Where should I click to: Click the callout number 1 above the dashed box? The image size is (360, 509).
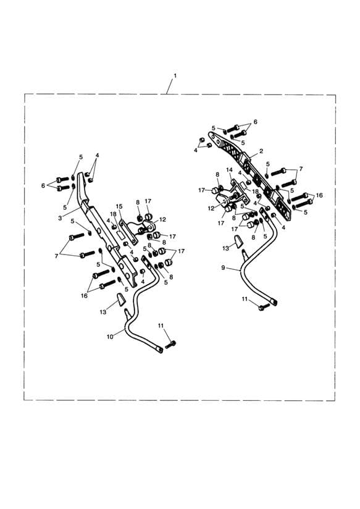point(175,75)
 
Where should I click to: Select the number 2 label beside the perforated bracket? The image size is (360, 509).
point(261,151)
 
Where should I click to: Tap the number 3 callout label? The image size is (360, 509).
point(60,219)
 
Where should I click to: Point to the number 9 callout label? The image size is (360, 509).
point(223,267)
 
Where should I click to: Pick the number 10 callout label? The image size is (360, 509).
point(110,337)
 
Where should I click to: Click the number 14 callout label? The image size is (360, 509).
point(230,170)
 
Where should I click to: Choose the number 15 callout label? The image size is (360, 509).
point(119,206)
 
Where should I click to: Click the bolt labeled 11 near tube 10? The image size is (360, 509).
point(171,345)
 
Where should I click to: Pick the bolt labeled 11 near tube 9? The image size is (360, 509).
point(263,307)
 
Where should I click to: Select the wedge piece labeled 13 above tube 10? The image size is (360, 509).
point(121,300)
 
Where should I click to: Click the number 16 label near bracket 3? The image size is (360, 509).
point(85,296)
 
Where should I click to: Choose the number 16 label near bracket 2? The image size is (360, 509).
point(319,195)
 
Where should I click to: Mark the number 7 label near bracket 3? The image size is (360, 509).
point(56,256)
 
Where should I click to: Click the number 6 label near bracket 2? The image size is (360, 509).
point(256,122)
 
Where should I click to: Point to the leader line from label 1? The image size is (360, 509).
point(170,86)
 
